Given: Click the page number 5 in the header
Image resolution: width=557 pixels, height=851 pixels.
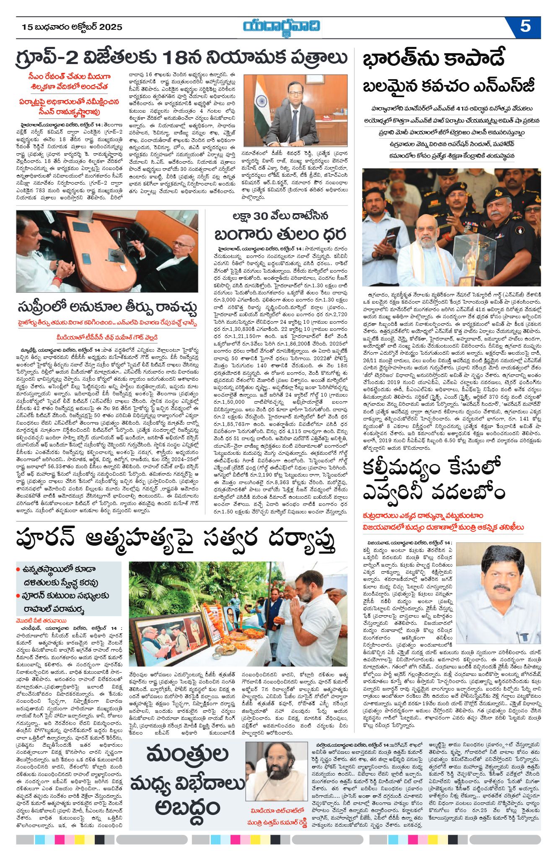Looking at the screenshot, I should (525, 26).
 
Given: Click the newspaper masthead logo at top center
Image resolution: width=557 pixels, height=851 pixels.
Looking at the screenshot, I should (282, 27).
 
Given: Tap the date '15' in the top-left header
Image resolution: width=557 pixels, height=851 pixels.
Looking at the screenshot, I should (27, 27).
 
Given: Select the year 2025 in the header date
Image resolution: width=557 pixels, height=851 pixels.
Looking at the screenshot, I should (110, 27).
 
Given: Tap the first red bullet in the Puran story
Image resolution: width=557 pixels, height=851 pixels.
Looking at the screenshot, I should (18, 569).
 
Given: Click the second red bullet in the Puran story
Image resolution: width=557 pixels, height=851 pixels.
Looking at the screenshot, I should (18, 596).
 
